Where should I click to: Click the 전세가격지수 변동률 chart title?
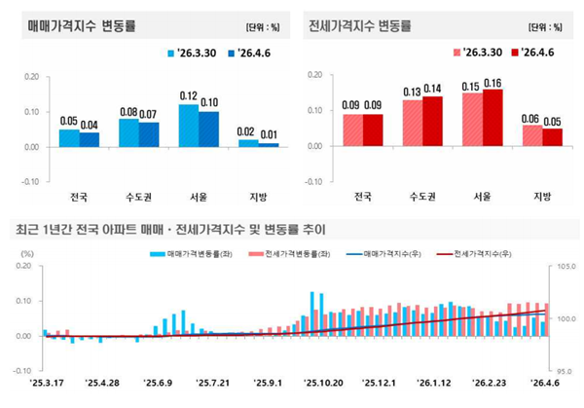click(359, 24)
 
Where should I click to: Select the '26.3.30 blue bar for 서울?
click(188, 126)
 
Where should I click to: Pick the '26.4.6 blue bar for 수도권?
click(149, 134)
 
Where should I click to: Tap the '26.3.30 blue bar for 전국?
click(69, 137)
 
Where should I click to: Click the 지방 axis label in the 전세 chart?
click(542, 196)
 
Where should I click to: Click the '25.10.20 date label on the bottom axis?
click(320, 384)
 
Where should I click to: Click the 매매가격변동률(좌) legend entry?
click(189, 253)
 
